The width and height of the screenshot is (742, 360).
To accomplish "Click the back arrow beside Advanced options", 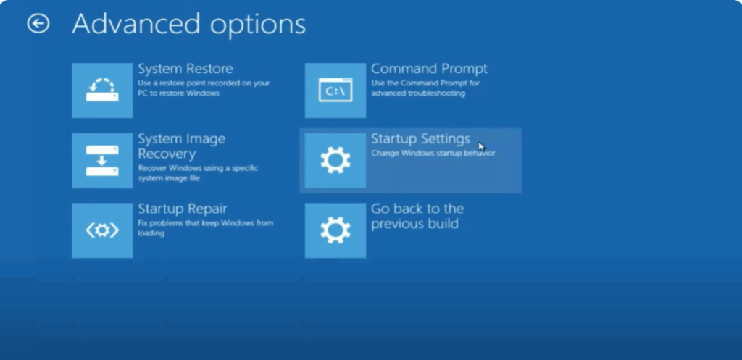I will pyautogui.click(x=38, y=24).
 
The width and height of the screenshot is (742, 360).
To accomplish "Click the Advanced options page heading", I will pyautogui.click(x=188, y=24).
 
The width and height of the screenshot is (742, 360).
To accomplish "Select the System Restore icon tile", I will pyautogui.click(x=102, y=91).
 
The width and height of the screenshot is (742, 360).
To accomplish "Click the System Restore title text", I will pyautogui.click(x=185, y=69).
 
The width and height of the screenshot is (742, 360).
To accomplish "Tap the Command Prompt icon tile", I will pyautogui.click(x=335, y=91).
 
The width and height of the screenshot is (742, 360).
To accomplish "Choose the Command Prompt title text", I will pyautogui.click(x=429, y=69).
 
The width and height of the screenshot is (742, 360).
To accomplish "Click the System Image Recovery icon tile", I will pyautogui.click(x=102, y=160).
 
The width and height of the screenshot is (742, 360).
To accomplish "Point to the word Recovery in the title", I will pyautogui.click(x=167, y=154).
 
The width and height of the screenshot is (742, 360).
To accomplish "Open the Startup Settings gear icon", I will pyautogui.click(x=335, y=160).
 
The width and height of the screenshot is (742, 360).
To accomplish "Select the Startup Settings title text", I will pyautogui.click(x=420, y=138).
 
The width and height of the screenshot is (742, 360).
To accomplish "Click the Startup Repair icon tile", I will pyautogui.click(x=102, y=230).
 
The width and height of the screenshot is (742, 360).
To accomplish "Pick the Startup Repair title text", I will pyautogui.click(x=183, y=209).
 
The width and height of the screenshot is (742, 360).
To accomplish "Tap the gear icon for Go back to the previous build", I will pyautogui.click(x=335, y=230).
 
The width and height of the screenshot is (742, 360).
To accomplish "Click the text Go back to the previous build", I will pyautogui.click(x=417, y=216).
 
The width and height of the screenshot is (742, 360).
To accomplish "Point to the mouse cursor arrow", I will pyautogui.click(x=482, y=146).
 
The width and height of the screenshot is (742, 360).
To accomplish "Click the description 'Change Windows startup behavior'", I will pyautogui.click(x=433, y=154).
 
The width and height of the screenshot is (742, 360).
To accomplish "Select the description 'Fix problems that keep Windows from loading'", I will pyautogui.click(x=205, y=228).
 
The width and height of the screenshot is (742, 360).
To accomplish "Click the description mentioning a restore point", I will pyautogui.click(x=204, y=88).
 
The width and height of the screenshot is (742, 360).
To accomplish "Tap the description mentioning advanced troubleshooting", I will pyautogui.click(x=425, y=88).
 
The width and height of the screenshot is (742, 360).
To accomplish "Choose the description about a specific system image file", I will pyautogui.click(x=198, y=172).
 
